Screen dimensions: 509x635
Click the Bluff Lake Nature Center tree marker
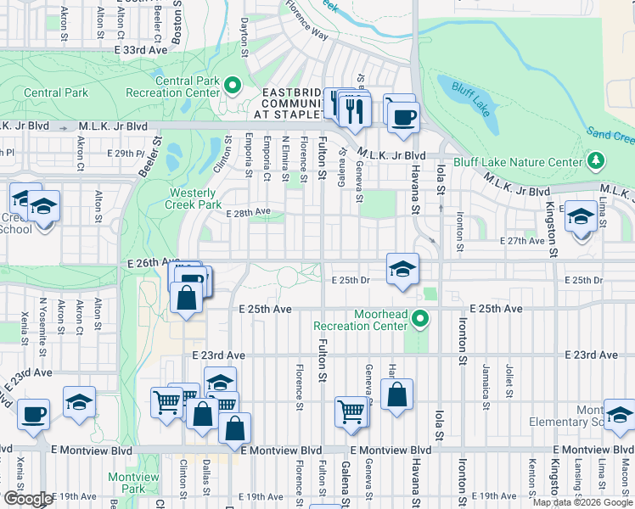[596, 161]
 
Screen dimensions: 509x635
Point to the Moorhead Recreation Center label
[361, 320]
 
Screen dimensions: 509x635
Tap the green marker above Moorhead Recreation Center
[419, 320]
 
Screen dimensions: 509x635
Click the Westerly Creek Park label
[195, 199]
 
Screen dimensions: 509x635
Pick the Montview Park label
[133, 483]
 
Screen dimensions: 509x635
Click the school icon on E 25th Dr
[402, 270]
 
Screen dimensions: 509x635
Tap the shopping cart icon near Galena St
[351, 411]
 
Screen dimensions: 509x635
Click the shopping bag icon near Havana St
[396, 394]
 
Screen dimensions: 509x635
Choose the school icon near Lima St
[581, 216]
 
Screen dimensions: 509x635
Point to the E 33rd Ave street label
[142, 51]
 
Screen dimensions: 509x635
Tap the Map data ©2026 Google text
[582, 502]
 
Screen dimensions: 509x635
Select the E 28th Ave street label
[248, 212]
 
